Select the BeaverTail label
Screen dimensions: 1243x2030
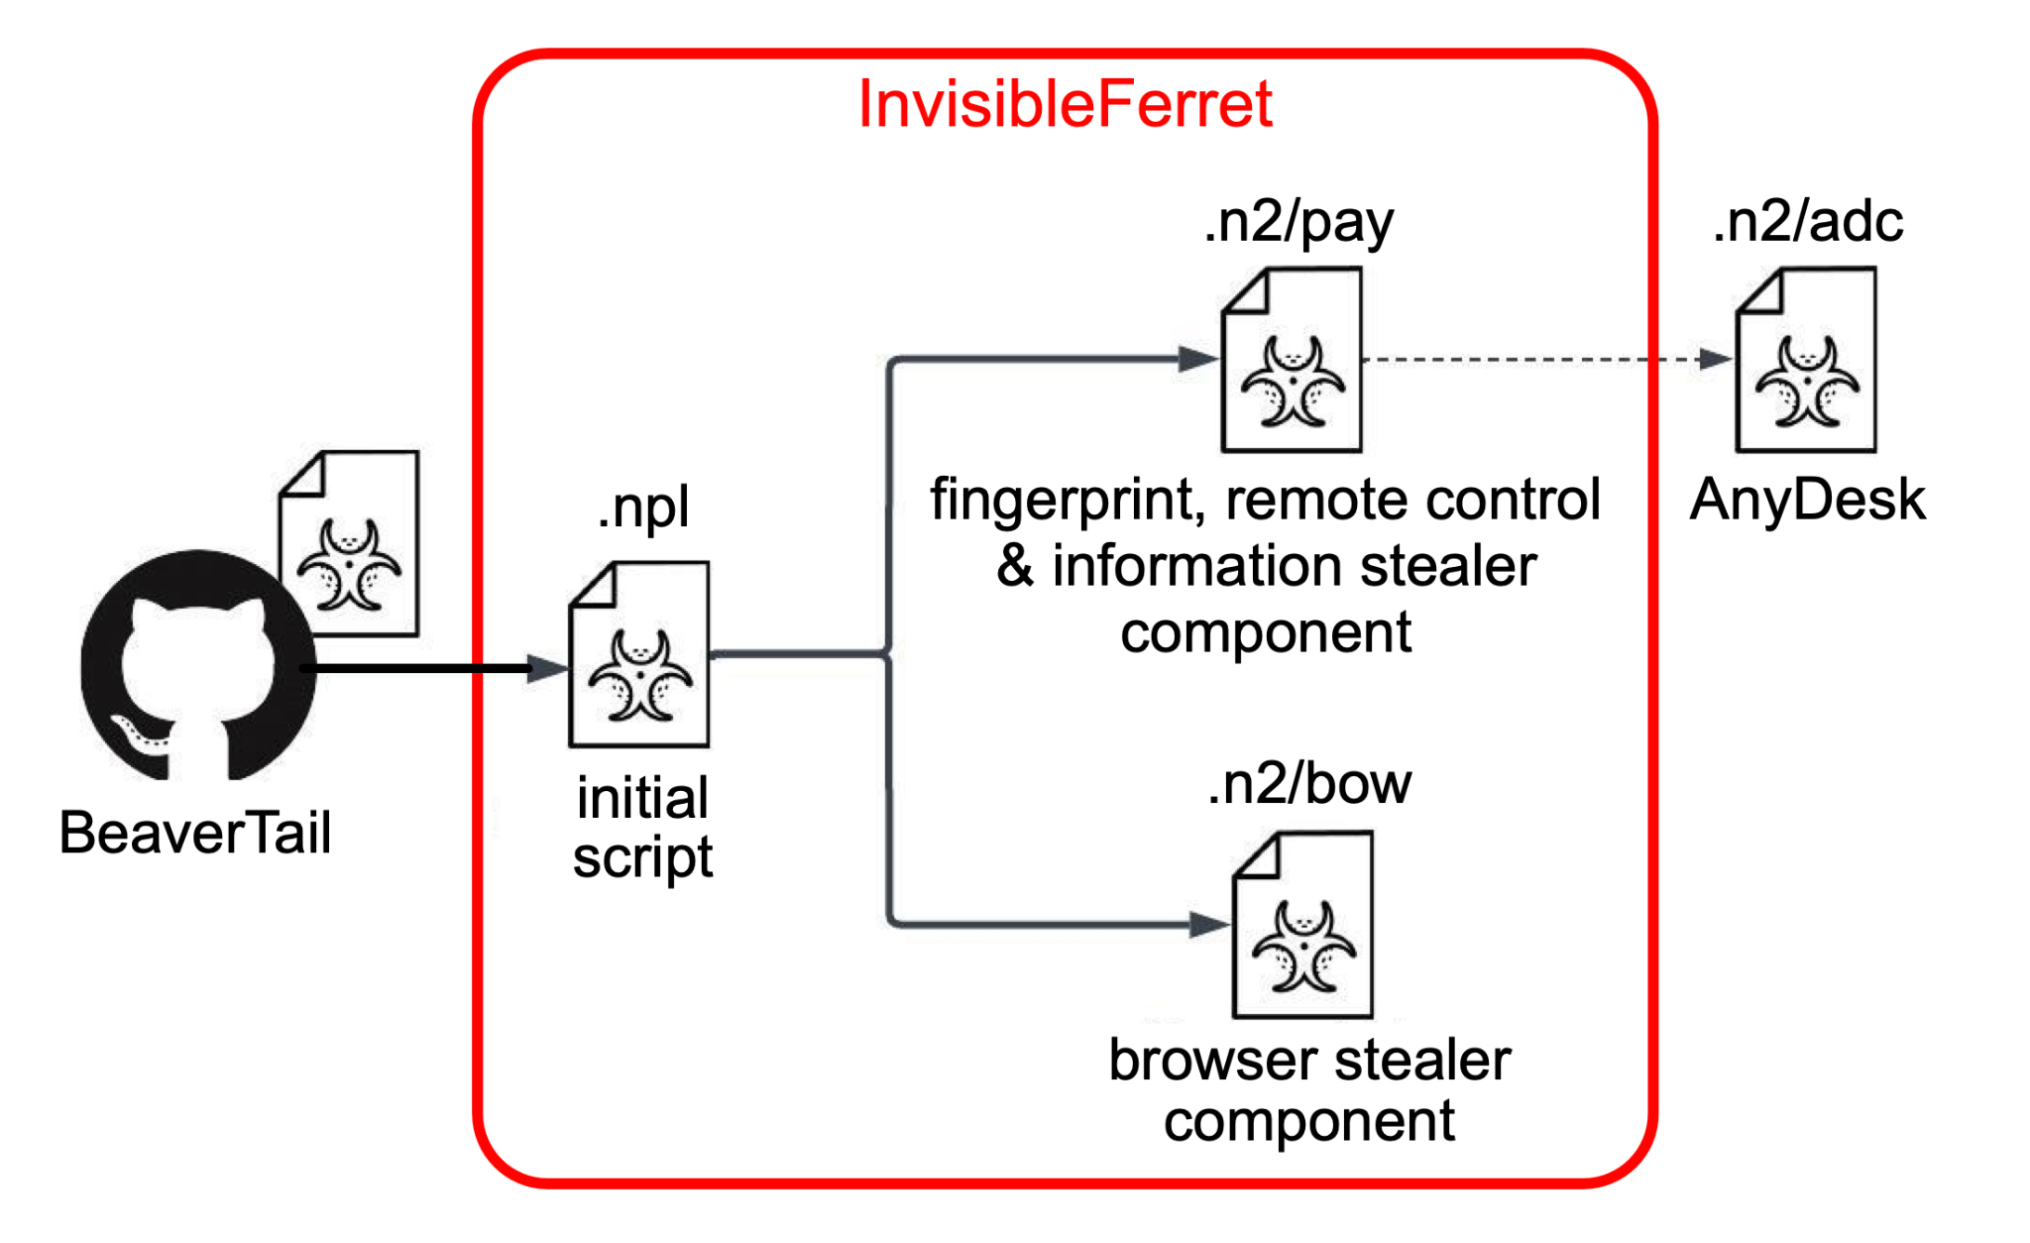click(x=194, y=833)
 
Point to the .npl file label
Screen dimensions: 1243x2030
click(x=642, y=508)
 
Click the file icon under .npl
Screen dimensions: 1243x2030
click(x=639, y=655)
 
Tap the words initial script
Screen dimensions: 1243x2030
click(x=642, y=828)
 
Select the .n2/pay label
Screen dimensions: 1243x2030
click(x=1297, y=222)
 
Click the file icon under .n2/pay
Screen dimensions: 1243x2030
click(x=1292, y=360)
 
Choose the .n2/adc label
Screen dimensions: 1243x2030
click(x=1807, y=222)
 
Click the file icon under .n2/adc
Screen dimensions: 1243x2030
click(x=1806, y=360)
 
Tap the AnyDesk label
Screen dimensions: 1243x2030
click(x=1807, y=500)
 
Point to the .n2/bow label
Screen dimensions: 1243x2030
click(x=1308, y=784)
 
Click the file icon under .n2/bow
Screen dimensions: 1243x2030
click(x=1303, y=925)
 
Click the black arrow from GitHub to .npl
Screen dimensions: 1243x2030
click(x=426, y=668)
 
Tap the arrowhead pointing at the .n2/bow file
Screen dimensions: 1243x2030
click(x=1209, y=925)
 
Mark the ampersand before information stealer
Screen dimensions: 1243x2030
click(x=1015, y=566)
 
